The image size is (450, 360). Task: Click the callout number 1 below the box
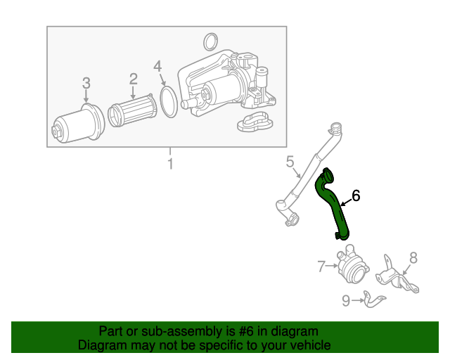pos(169,165)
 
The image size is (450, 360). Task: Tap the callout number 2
pos(133,79)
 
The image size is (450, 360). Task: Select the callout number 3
pos(86,83)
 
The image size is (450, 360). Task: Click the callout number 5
pos(290,162)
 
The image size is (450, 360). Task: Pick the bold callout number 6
pos(356,195)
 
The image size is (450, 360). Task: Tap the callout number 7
pos(321,266)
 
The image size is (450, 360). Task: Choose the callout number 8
pos(413,257)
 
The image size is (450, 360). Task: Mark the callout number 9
pos(346,301)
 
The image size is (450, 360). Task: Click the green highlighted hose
pos(333,205)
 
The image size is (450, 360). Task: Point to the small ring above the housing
pos(209,39)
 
